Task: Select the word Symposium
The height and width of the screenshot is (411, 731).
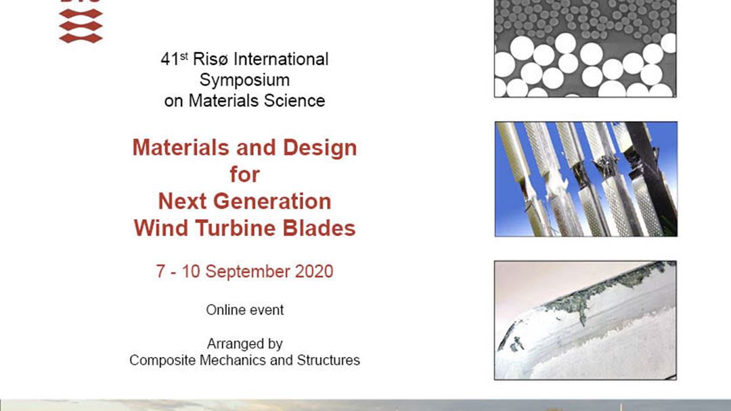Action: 245,80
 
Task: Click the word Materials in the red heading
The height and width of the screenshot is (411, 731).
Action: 181,147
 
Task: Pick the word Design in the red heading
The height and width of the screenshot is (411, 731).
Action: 319,149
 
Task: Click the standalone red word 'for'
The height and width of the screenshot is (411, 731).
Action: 245,174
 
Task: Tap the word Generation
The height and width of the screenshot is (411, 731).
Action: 272,201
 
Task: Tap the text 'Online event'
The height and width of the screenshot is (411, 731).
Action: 245,310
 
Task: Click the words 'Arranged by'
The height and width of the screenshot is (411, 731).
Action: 245,344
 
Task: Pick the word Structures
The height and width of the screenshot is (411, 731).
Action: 328,360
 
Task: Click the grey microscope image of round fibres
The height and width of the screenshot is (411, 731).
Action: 585,49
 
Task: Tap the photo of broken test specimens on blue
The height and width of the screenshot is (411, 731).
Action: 586,179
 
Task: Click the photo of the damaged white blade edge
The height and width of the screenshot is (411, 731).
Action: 585,320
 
